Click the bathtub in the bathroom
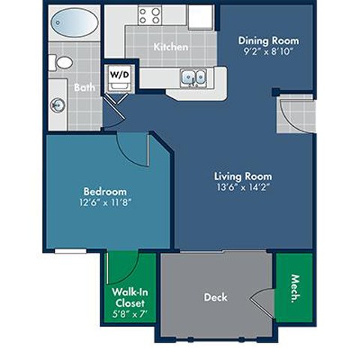tap(73, 22)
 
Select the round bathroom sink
tap(57, 105)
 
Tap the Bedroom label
tap(104, 191)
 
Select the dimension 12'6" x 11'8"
tap(104, 202)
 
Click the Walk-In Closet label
tap(129, 296)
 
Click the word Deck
tap(214, 296)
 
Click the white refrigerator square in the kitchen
tap(200, 16)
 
